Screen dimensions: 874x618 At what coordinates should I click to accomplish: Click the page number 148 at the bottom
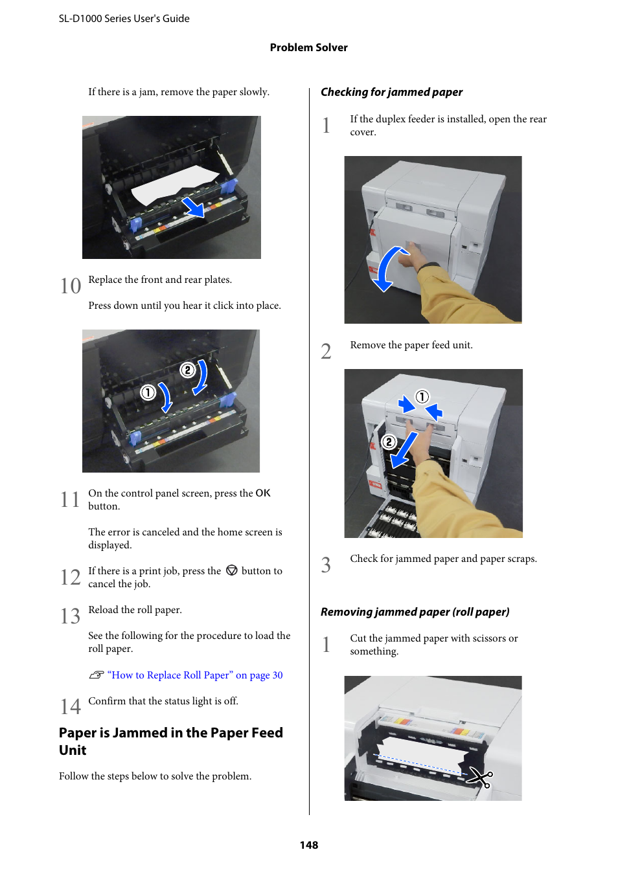(309, 845)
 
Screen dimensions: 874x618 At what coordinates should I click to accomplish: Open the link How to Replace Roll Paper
(195, 675)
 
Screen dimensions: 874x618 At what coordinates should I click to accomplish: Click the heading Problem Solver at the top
(308, 47)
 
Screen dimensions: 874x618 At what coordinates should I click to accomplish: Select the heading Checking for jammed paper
(391, 92)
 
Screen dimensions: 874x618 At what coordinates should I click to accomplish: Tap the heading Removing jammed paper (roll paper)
(415, 612)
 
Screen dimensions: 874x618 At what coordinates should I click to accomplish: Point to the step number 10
(71, 286)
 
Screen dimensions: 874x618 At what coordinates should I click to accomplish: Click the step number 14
(71, 706)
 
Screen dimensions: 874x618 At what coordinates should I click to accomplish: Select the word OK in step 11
(262, 493)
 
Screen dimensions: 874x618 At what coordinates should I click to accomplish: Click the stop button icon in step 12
(231, 570)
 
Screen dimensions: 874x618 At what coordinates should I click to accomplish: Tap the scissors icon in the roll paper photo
(480, 776)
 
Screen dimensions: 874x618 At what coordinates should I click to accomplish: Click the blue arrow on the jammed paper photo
(193, 208)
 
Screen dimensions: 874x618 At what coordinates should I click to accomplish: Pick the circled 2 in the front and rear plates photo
(187, 370)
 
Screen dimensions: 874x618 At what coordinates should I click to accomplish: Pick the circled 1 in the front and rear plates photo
(148, 392)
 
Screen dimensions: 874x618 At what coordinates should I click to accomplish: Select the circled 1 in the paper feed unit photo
(422, 396)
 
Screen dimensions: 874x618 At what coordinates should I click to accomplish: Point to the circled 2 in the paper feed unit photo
(389, 442)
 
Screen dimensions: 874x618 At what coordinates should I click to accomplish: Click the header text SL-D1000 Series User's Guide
(124, 19)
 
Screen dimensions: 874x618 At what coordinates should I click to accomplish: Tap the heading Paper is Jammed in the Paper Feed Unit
(170, 741)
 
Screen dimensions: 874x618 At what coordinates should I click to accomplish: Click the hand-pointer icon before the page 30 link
(97, 675)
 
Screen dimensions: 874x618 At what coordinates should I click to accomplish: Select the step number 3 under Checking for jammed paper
(326, 565)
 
